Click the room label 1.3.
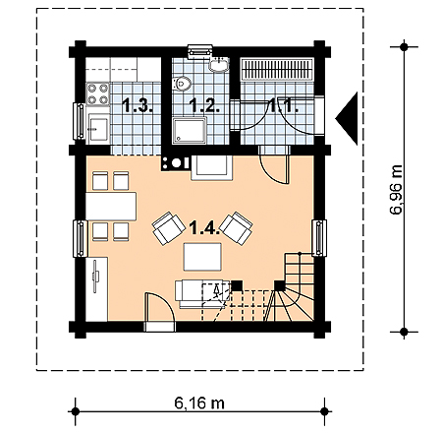point(138,105)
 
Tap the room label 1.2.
point(204,105)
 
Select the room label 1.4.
point(205,227)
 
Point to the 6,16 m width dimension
point(199,403)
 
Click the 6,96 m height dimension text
point(396,190)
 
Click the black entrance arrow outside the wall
point(347,118)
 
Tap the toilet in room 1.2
point(182,84)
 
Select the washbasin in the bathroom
point(219,64)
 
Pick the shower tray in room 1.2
point(190,131)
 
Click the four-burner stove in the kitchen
point(98,93)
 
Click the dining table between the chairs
point(111,207)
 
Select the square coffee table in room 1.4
point(202,257)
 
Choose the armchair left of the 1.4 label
point(169,228)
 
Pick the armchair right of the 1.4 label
point(236,228)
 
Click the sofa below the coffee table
point(202,294)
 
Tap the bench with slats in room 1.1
point(277,69)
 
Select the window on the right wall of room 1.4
point(319,238)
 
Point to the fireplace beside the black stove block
point(212,167)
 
